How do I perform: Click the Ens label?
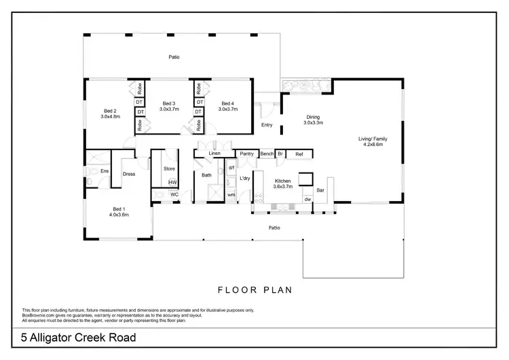105,170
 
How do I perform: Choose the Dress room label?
129,174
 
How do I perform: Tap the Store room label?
170,169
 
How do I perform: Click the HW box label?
172,182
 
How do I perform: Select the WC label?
174,194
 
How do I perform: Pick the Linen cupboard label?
214,154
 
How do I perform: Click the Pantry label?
246,154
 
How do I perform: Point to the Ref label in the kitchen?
299,154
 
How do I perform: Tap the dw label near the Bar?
307,199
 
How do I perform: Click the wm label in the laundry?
231,195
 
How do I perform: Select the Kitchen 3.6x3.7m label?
282,183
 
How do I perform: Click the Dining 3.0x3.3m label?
313,120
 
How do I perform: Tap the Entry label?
267,125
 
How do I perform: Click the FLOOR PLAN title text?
254,290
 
